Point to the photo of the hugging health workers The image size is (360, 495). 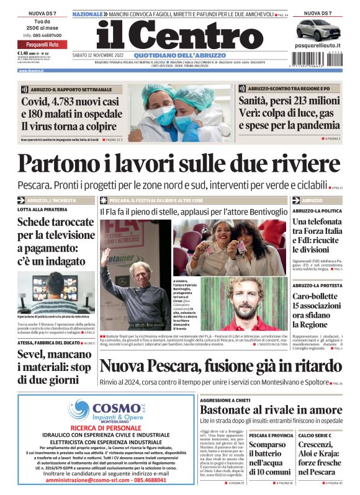(x=179, y=112)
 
